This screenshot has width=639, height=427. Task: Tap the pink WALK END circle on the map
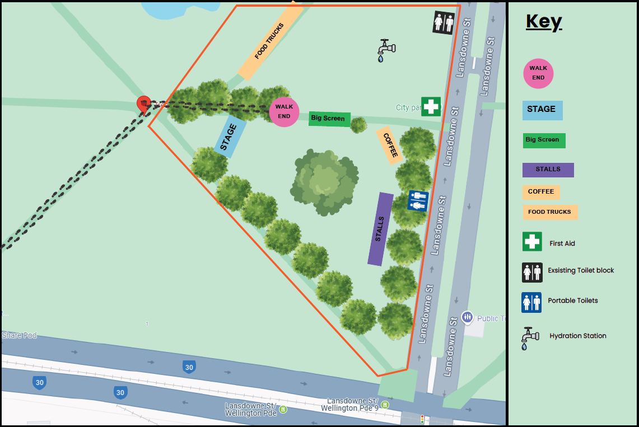[284, 111]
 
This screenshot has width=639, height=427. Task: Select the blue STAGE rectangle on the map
[230, 136]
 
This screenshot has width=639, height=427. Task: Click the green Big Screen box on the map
[329, 119]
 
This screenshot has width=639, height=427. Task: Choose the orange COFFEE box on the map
[390, 145]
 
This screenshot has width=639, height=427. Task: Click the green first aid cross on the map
[431, 106]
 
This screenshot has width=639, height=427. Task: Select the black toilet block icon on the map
[444, 23]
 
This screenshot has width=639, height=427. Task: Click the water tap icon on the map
[385, 50]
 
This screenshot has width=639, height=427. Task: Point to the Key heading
[543, 22]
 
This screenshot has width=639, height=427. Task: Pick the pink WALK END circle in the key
[538, 73]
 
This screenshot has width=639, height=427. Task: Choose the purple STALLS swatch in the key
[548, 170]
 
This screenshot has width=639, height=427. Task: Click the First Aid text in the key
[562, 243]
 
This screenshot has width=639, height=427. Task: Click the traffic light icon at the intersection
[422, 419]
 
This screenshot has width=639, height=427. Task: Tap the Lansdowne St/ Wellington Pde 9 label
[353, 405]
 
